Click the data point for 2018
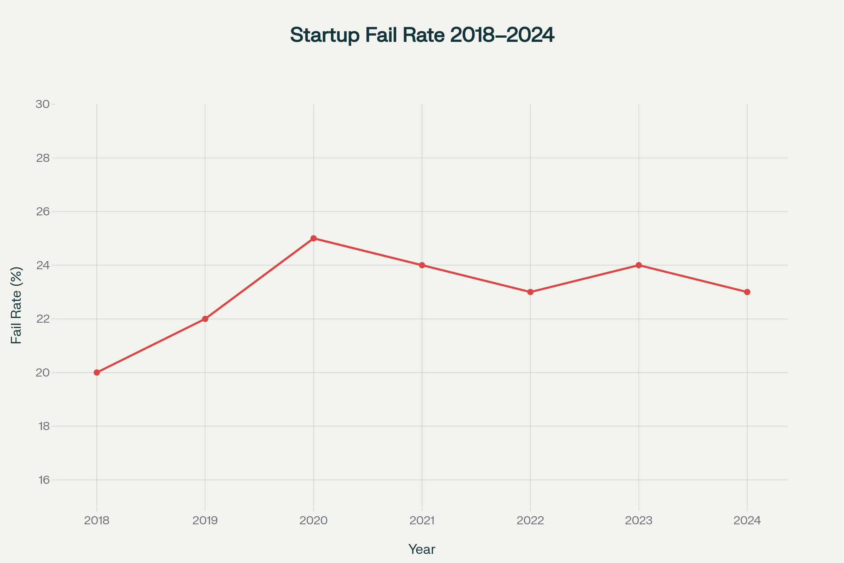coord(97,373)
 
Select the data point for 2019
coord(205,319)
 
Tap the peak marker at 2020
coord(314,239)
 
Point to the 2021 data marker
coord(422,265)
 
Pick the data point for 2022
coord(530,292)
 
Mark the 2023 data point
coord(639,265)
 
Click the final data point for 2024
coord(747,292)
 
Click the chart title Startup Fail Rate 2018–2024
coord(422,35)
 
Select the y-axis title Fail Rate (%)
coord(17,305)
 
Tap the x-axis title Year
coord(422,549)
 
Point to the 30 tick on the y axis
coord(43,105)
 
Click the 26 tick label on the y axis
coord(43,211)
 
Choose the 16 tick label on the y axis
coord(44,480)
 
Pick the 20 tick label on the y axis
coord(43,373)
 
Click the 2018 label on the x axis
coord(97,521)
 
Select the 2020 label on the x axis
coord(314,521)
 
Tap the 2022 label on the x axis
coord(530,521)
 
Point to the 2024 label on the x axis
coord(747,521)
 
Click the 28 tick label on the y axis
coord(43,158)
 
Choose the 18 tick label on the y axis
coord(44,426)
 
